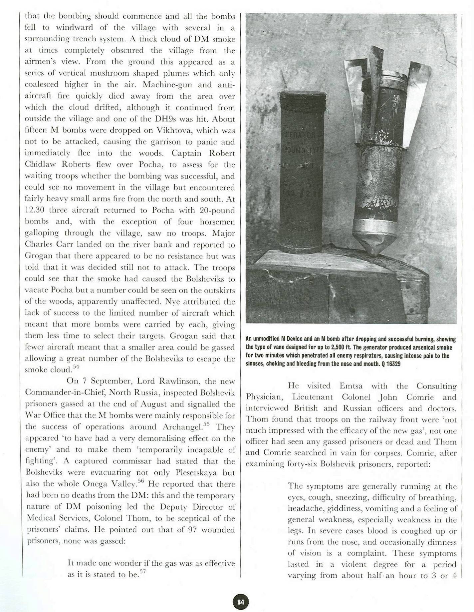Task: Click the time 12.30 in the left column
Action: click(35, 211)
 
